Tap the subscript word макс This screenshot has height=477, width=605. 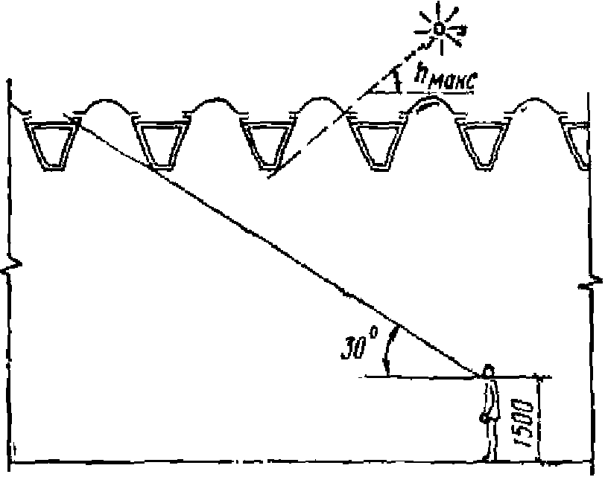click(x=449, y=83)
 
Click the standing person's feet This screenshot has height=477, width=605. click(x=490, y=455)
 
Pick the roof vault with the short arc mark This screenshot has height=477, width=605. click(x=428, y=108)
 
